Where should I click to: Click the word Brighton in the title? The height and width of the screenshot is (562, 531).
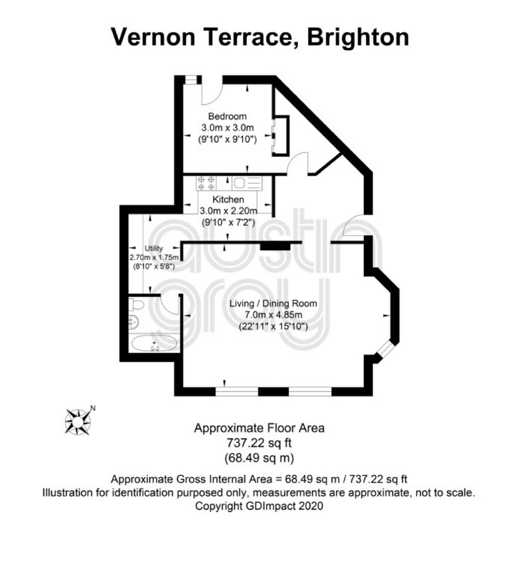358,37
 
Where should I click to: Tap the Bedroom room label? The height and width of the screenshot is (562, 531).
227,116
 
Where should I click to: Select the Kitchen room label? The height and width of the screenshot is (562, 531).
228,199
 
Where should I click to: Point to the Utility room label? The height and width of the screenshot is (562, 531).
154,248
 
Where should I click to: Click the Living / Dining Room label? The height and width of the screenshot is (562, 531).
273,303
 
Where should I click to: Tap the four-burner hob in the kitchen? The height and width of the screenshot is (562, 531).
206,183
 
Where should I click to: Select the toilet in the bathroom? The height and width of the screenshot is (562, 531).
136,304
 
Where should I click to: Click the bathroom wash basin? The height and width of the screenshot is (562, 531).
133,321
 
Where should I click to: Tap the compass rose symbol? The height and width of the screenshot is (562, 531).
78,422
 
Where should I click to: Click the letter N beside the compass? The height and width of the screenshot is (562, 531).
93,408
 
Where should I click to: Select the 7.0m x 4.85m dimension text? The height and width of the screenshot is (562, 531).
273,315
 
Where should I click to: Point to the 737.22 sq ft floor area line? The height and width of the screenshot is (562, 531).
259,443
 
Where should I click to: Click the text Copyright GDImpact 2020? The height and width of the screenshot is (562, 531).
259,506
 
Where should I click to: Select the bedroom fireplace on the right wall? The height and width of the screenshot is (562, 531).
281,136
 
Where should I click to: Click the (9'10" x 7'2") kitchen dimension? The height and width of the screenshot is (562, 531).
229,223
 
